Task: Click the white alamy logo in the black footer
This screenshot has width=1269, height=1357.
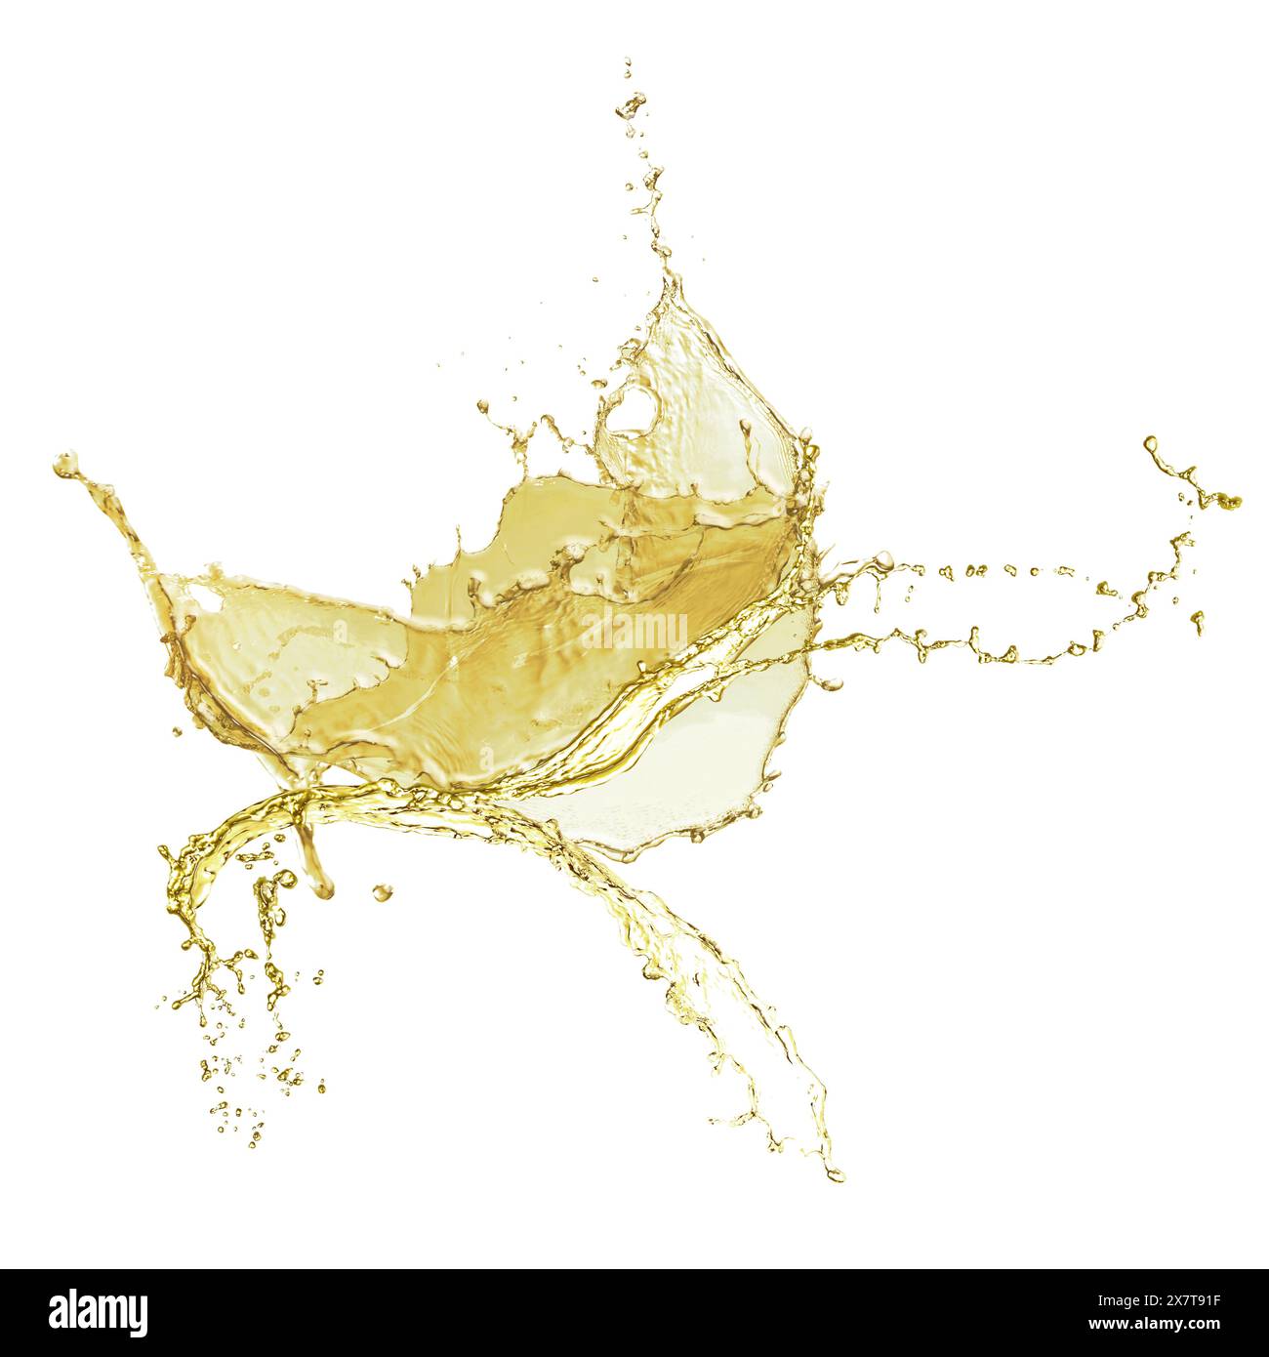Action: pyautogui.click(x=99, y=1311)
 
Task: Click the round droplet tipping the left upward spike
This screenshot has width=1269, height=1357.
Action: pyautogui.click(x=64, y=466)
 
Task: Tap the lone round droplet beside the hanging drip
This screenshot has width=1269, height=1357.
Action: pyautogui.click(x=381, y=891)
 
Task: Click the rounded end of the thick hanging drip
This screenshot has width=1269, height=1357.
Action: pyautogui.click(x=322, y=886)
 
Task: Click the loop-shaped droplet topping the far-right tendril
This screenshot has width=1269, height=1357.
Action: pyautogui.click(x=1152, y=445)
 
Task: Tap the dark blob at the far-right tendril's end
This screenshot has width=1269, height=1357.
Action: pyautogui.click(x=1228, y=501)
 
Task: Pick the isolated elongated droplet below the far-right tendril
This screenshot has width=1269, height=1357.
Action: pyautogui.click(x=1199, y=621)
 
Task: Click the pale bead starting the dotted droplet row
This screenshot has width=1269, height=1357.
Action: pyautogui.click(x=883, y=559)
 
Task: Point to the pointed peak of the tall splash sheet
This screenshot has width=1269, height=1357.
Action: pyautogui.click(x=671, y=283)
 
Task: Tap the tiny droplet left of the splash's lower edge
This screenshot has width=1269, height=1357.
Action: pyautogui.click(x=177, y=730)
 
